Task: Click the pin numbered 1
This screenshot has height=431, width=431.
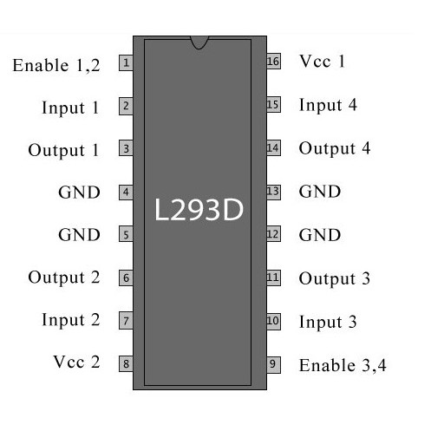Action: click(x=126, y=62)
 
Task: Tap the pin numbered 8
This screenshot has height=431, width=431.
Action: click(x=126, y=363)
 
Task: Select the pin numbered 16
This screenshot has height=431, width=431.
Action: click(x=273, y=62)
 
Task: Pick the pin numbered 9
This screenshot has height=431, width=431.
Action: click(x=273, y=365)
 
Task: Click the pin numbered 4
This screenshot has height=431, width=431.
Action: click(x=126, y=192)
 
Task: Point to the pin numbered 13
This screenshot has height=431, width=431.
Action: click(x=273, y=192)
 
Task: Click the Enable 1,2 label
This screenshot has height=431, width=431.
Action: click(x=56, y=65)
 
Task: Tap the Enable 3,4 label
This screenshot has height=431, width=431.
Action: click(x=343, y=365)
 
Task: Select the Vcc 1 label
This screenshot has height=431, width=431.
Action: click(x=322, y=62)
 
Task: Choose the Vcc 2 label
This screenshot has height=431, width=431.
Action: click(x=76, y=362)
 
